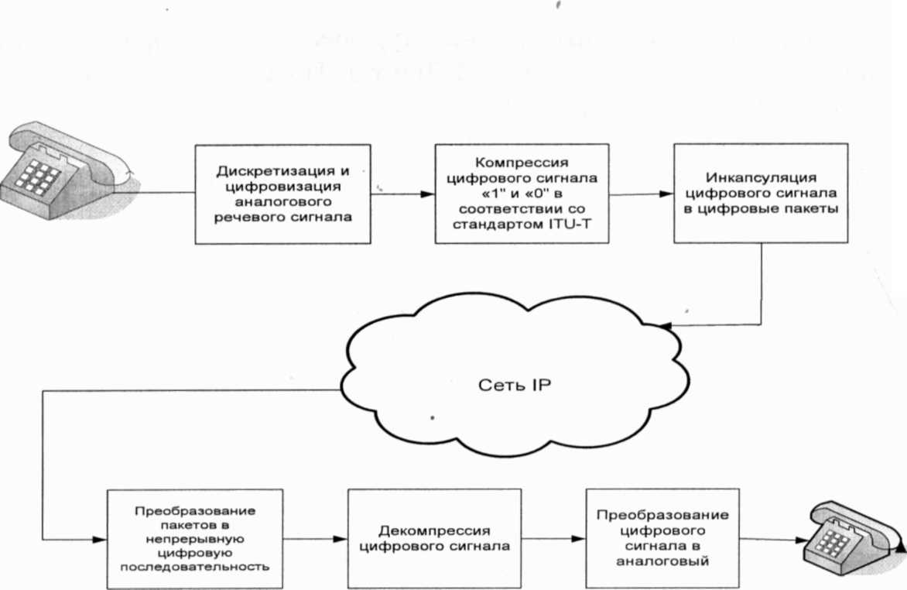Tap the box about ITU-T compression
click(x=523, y=194)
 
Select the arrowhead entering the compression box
click(x=428, y=194)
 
